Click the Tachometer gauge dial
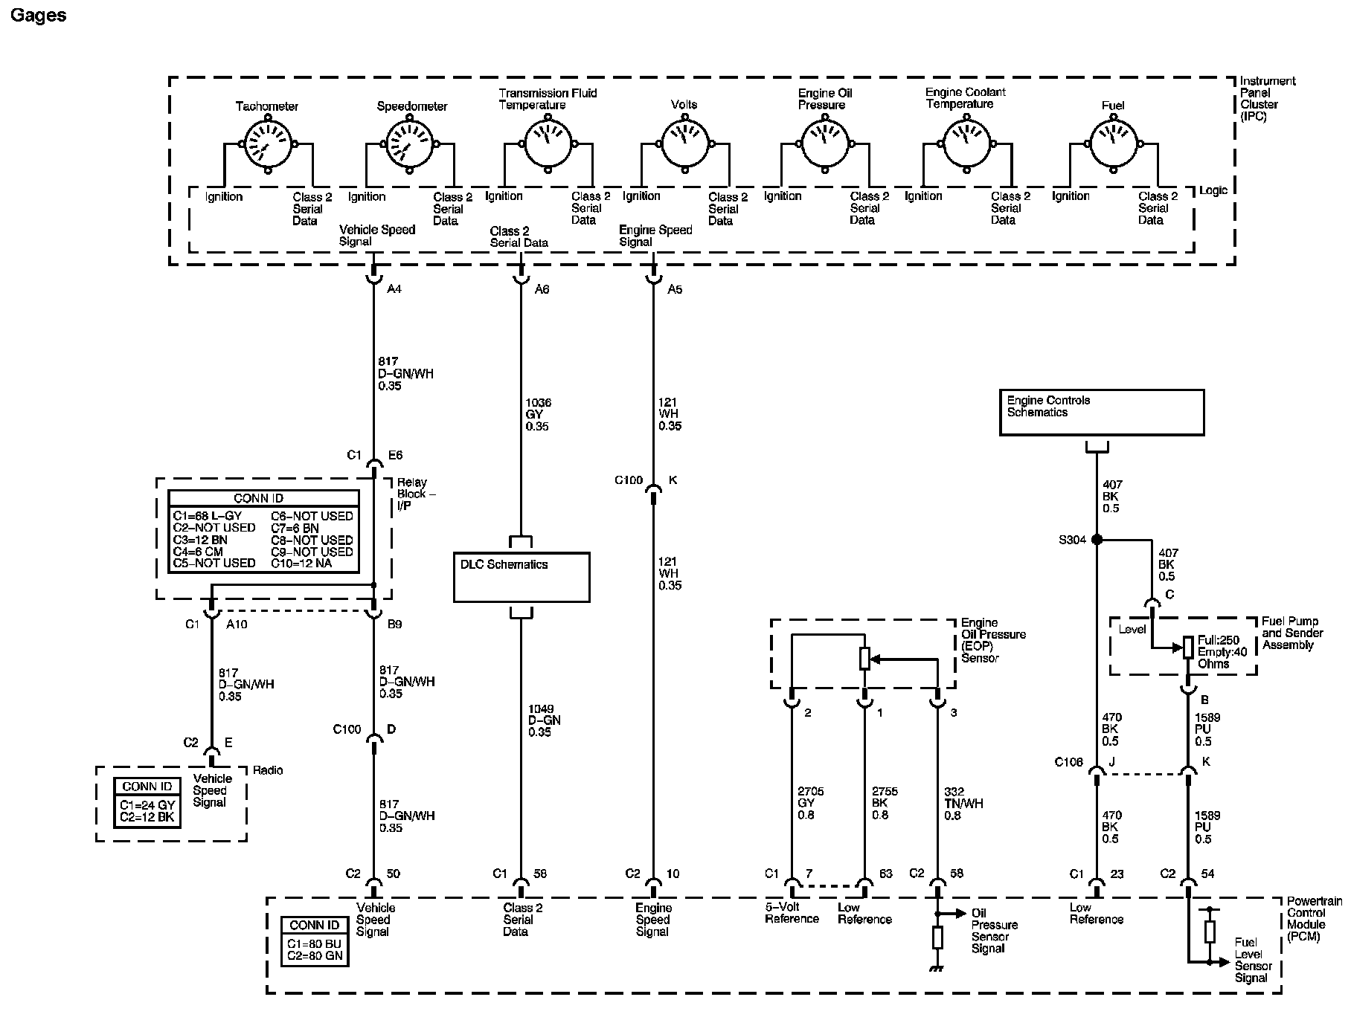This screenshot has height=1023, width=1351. point(268,144)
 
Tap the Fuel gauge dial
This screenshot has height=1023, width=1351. point(1114,143)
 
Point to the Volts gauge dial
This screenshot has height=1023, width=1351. point(684,143)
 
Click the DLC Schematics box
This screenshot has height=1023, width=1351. point(522,577)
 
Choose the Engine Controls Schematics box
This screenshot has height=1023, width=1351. point(1101,413)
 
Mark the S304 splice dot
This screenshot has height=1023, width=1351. point(1097,540)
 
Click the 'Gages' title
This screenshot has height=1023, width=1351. point(38,16)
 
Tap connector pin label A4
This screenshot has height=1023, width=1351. point(394,289)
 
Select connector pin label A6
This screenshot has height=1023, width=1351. point(542,289)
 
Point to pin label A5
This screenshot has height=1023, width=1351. point(675,289)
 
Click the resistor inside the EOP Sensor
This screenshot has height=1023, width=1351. point(864,659)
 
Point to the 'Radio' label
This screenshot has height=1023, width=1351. point(268,770)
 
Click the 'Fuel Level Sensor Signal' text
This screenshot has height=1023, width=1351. point(1253,960)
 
